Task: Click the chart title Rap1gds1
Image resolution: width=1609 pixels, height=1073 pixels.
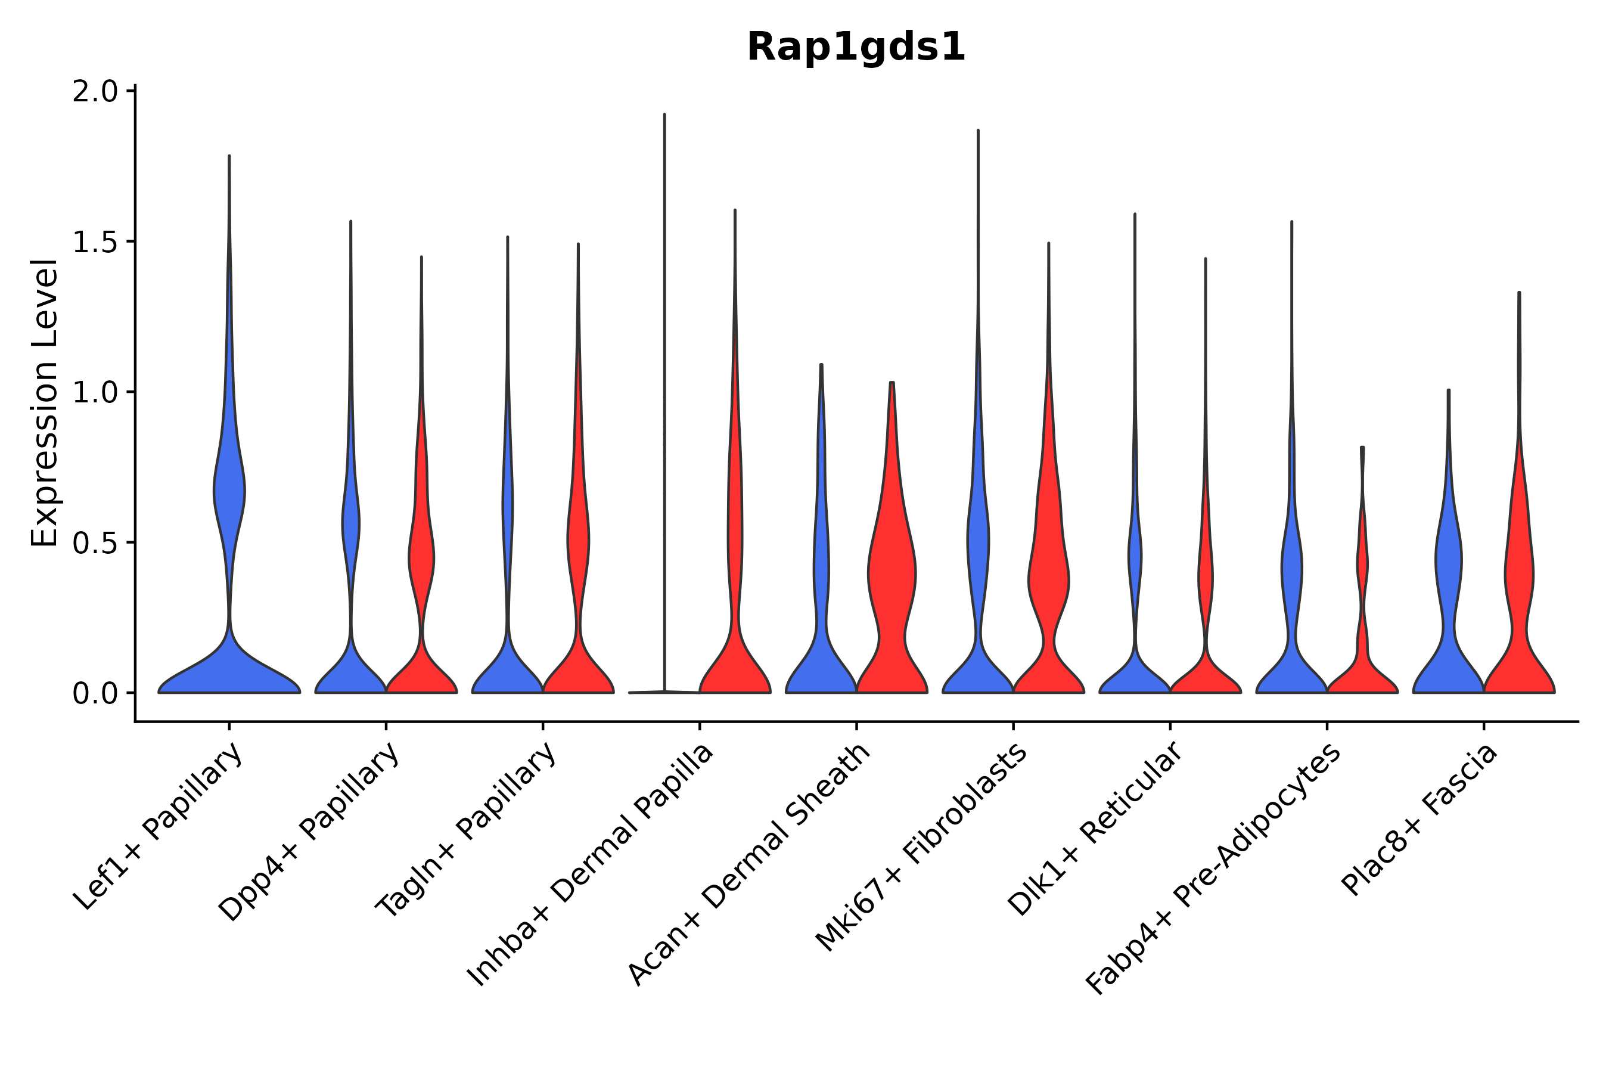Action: click(x=855, y=48)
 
